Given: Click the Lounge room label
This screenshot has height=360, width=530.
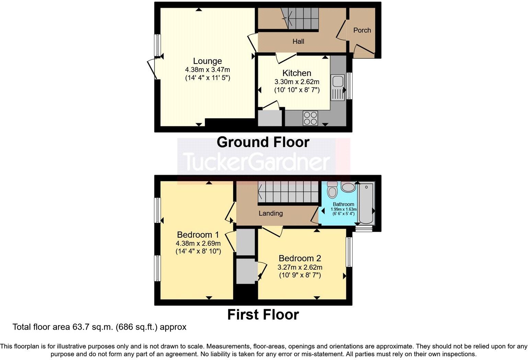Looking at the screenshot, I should click(207, 61).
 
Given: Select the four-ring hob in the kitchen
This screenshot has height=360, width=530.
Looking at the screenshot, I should click(310, 118).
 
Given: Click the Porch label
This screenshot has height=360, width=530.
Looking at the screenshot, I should click(362, 30).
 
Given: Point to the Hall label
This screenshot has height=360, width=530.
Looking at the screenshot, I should click(298, 42).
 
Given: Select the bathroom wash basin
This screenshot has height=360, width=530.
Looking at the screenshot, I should click(348, 188).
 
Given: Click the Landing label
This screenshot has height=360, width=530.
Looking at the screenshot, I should click(270, 213).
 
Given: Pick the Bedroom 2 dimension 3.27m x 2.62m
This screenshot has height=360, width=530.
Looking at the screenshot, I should click(300, 267).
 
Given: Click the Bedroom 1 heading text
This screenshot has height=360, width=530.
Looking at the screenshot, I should click(198, 235).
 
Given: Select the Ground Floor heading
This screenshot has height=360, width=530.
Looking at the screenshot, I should click(263, 142).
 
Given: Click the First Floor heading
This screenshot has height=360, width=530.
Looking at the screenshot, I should click(263, 315).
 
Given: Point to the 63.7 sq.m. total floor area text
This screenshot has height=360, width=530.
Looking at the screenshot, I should click(99, 327).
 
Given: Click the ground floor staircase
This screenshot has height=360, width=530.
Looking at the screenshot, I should click(300, 19).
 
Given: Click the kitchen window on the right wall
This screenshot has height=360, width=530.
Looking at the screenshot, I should click(349, 86).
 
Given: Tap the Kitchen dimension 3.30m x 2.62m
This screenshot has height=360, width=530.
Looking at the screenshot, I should click(297, 82).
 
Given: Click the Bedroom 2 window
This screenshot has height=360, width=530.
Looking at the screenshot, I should click(349, 252).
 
